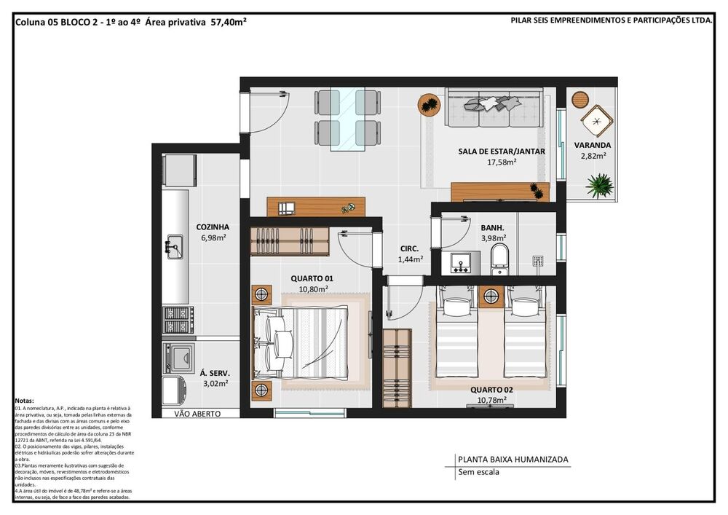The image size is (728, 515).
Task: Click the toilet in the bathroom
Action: [499, 259]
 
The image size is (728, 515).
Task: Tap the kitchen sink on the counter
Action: [174, 246]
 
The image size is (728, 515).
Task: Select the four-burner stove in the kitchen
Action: [177, 319]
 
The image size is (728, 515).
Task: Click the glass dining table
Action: [347, 119]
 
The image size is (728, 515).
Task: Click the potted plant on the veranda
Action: [600, 186]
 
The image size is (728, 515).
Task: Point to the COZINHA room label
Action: [213, 227]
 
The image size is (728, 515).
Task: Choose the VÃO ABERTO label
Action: [197, 413]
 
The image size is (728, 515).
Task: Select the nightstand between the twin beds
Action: [491, 296]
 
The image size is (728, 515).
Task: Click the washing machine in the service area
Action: [177, 357]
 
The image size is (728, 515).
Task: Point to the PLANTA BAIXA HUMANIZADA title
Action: [513, 460]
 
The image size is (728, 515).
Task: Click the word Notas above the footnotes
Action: [24, 401]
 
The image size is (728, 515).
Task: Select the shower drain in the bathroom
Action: [538, 260]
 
